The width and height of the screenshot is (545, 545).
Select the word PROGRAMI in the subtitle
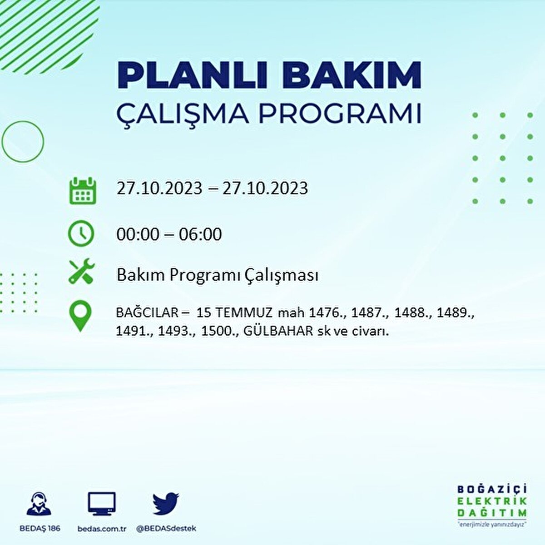340,114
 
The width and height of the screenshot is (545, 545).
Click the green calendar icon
82,190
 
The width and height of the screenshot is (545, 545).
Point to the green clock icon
81,233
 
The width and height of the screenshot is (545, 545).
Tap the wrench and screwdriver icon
81,271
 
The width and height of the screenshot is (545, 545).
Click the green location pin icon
80,317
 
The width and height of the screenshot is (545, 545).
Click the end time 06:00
200,234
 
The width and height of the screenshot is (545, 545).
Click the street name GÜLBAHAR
278,331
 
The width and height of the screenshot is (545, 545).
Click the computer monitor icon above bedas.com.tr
101,504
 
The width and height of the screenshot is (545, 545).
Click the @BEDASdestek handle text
166,529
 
